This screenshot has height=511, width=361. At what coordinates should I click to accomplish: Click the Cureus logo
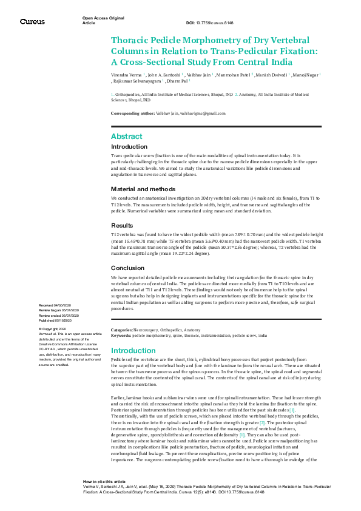tap(32, 21)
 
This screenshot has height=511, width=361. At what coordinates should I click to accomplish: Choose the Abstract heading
tap(126, 137)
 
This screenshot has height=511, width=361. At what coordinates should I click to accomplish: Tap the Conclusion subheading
tap(127, 268)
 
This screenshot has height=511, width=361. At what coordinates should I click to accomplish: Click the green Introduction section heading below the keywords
tap(133, 350)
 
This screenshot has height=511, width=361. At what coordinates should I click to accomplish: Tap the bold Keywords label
tap(121, 335)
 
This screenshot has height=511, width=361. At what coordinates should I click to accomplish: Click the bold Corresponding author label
tap(132, 113)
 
